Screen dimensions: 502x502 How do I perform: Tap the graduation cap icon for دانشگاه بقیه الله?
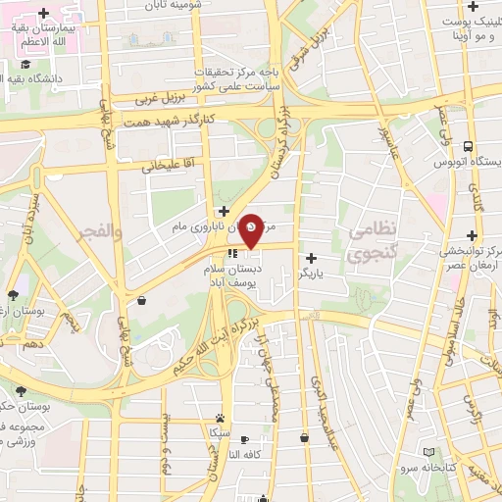(25, 66)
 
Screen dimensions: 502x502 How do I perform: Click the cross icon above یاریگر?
(311, 257)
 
